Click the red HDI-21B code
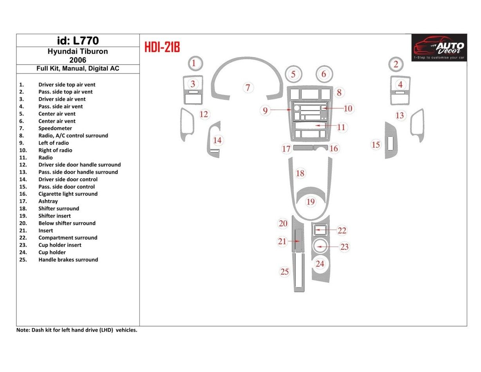click(x=162, y=47)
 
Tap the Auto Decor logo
click(x=439, y=47)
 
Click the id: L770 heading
click(x=78, y=41)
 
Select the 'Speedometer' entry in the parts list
click(x=55, y=128)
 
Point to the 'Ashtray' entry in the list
click(x=48, y=201)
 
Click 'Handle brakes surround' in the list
click(x=68, y=260)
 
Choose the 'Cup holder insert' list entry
click(x=60, y=245)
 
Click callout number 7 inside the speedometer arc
click(x=248, y=87)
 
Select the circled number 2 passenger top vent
click(x=396, y=64)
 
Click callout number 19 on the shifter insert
click(x=311, y=202)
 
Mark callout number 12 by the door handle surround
click(x=204, y=114)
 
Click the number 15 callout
click(x=376, y=145)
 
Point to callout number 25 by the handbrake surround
click(x=285, y=271)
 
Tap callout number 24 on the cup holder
click(x=320, y=264)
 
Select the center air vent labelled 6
click(x=324, y=74)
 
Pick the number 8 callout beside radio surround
click(x=339, y=92)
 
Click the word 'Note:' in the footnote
click(x=23, y=330)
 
